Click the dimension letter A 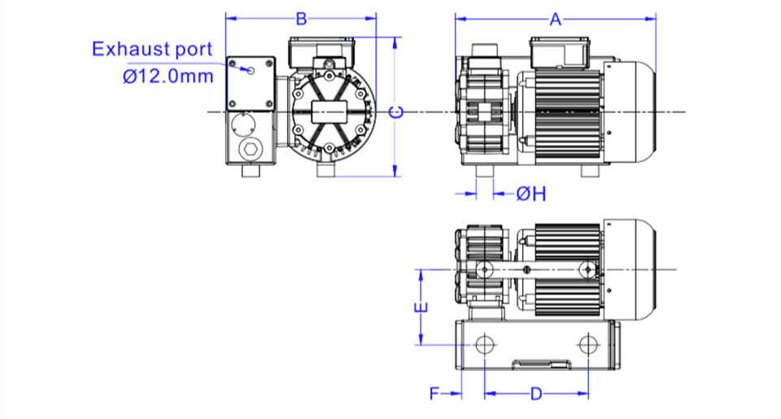tap(556, 20)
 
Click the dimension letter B tap(301, 19)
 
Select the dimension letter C tap(396, 112)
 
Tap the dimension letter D tap(536, 394)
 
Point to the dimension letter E tap(421, 308)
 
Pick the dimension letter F tap(434, 394)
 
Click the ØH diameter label tap(531, 194)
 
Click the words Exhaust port tap(152, 50)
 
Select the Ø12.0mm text tap(168, 76)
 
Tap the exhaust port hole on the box tap(251, 70)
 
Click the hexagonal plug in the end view tap(250, 149)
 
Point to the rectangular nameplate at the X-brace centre tap(329, 112)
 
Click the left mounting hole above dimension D tap(484, 344)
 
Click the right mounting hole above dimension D tap(588, 344)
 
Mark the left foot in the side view tap(485, 171)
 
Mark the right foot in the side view tap(590, 171)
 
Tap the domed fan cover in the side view tap(630, 112)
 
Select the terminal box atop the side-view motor tap(560, 52)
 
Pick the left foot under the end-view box tap(251, 171)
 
